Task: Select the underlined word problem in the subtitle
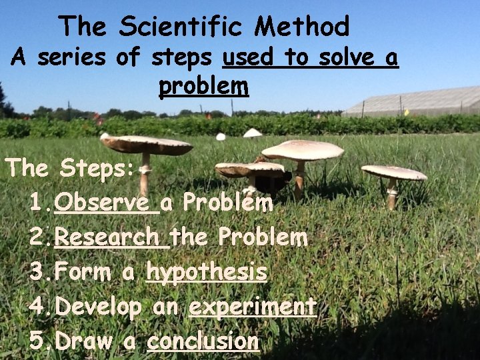203,86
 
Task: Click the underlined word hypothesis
207,272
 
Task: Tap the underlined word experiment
252,307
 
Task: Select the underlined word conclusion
203,341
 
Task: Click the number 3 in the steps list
37,272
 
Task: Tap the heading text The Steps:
71,167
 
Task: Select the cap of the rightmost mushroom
394,173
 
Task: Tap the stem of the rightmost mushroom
392,193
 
